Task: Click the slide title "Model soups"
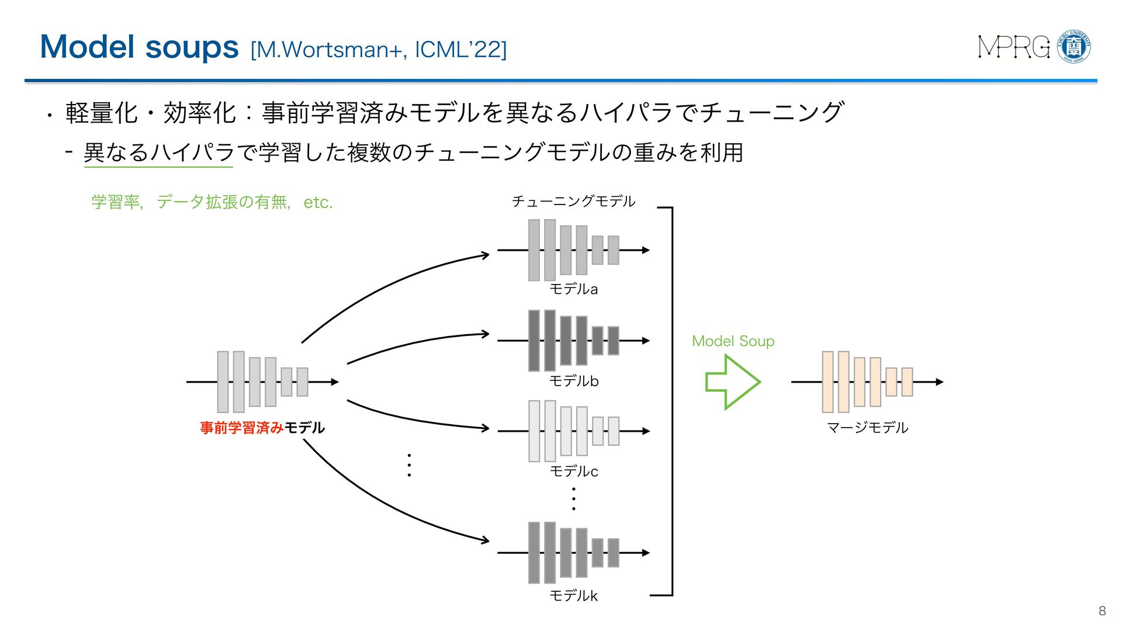pyautogui.click(x=139, y=47)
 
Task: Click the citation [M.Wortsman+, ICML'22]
pyautogui.click(x=378, y=50)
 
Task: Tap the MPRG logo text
pyautogui.click(x=1013, y=47)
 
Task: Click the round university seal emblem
pyautogui.click(x=1074, y=47)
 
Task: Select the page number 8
pyautogui.click(x=1102, y=611)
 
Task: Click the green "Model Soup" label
pyautogui.click(x=733, y=341)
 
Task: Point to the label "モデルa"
pyautogui.click(x=573, y=289)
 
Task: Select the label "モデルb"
pyautogui.click(x=573, y=381)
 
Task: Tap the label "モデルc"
pyautogui.click(x=573, y=471)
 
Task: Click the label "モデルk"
pyautogui.click(x=573, y=596)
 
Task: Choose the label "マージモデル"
pyautogui.click(x=867, y=428)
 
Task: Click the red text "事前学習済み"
pyautogui.click(x=241, y=428)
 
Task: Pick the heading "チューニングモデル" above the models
pyautogui.click(x=573, y=202)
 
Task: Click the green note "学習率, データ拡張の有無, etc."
pyautogui.click(x=212, y=202)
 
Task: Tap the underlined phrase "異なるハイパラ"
pyautogui.click(x=158, y=153)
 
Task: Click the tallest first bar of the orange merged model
pyautogui.click(x=827, y=382)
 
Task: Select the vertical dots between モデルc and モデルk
pyautogui.click(x=573, y=499)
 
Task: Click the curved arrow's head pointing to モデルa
pyautogui.click(x=485, y=255)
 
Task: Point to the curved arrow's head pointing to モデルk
pyautogui.click(x=485, y=540)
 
